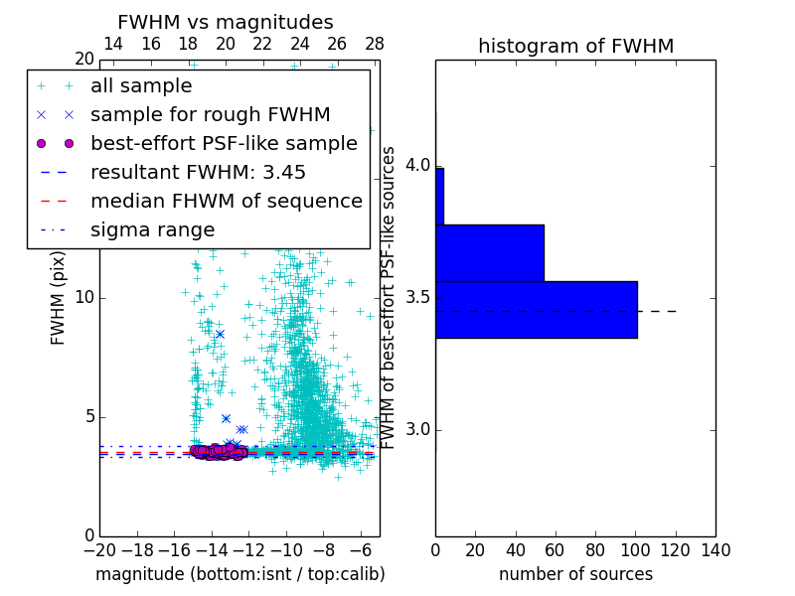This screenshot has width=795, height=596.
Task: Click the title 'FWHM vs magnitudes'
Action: coord(225,23)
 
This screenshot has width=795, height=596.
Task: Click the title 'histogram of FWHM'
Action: coord(575,46)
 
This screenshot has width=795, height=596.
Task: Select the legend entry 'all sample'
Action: coord(141,86)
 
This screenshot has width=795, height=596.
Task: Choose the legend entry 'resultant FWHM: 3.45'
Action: coord(198,172)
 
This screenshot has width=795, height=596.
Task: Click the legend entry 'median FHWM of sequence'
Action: coord(226,201)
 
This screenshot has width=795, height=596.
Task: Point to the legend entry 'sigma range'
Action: coord(152,229)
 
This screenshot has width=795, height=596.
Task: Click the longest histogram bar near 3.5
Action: coord(536,310)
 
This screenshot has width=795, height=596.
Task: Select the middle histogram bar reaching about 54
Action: coord(489,253)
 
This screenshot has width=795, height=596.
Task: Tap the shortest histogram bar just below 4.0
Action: coord(439,197)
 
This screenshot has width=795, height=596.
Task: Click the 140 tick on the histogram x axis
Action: coord(715,549)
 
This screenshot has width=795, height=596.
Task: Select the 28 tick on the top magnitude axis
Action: coord(375,45)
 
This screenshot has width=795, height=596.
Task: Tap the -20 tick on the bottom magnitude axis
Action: coord(99,549)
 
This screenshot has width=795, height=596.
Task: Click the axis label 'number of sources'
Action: coord(575,574)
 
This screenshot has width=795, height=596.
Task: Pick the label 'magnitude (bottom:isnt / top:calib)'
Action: coord(239,574)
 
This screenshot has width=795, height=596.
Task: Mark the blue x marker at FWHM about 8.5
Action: coord(220,334)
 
